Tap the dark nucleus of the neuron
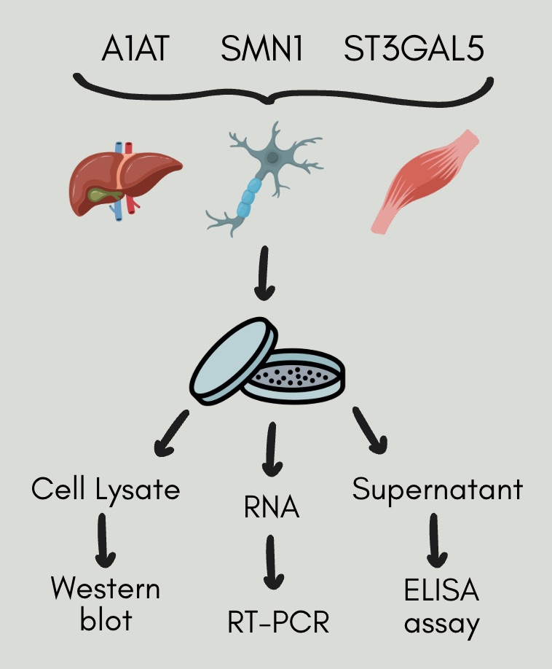coord(272,157)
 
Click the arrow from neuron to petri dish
coord(265,274)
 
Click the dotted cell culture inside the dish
coord(299,377)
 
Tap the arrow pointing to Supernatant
coord(370,431)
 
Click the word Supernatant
coord(438,490)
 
